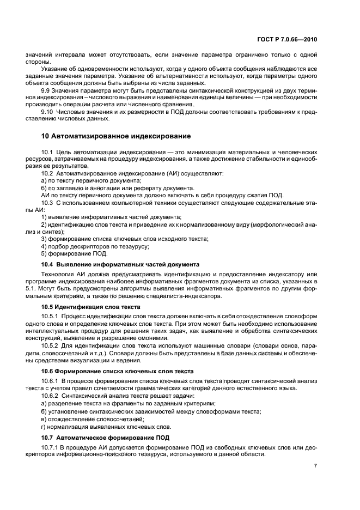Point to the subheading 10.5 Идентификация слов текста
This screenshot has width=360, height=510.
(91, 307)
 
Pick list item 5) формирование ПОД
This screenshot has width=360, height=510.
(75, 253)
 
